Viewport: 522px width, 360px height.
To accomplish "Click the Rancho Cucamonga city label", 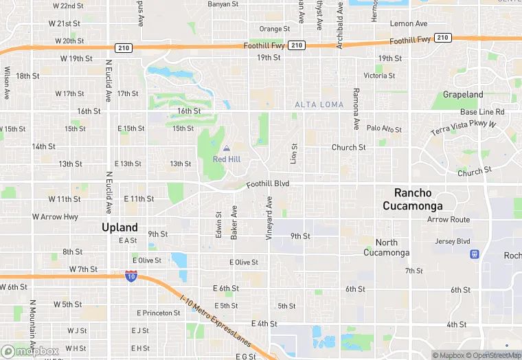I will [418, 199].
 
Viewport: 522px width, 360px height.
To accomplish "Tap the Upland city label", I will [120, 227].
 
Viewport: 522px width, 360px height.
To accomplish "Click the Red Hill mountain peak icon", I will [226, 148].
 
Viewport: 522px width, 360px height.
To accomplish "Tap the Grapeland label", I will [463, 95].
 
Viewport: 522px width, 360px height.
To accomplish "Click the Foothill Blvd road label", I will [268, 184].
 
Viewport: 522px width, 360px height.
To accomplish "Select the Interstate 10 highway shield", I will [130, 276].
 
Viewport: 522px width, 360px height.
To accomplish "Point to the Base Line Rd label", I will [482, 112].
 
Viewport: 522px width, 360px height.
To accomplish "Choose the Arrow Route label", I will [449, 220].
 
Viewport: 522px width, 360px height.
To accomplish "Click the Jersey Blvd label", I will [453, 241].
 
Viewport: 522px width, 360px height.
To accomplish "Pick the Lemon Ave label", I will [408, 23].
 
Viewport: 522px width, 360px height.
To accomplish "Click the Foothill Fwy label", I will [264, 45].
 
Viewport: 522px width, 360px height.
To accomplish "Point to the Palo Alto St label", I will [384, 128].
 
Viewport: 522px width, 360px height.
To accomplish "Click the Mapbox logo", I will [30, 351].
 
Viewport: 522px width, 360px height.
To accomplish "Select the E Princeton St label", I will [158, 313].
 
